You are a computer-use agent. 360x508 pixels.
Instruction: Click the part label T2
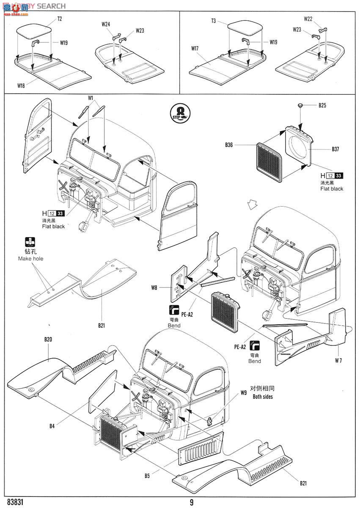click(60, 19)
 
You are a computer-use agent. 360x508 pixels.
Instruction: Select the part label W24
click(106, 25)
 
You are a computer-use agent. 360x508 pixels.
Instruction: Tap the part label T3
click(214, 21)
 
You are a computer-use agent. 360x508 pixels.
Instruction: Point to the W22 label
click(308, 19)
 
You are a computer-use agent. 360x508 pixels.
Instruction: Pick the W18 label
click(21, 86)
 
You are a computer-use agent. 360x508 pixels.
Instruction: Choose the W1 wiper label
click(91, 98)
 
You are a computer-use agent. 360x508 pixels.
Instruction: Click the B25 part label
click(323, 105)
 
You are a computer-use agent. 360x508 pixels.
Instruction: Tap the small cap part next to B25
click(300, 105)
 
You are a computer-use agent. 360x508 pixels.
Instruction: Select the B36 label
click(230, 145)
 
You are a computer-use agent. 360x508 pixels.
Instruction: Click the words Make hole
click(30, 259)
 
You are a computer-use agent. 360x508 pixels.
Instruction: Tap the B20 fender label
click(48, 340)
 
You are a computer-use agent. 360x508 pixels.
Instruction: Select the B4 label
click(52, 426)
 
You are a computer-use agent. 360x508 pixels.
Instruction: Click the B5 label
click(147, 476)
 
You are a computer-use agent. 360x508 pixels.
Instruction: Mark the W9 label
click(243, 392)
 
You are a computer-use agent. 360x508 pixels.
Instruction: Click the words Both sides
click(263, 397)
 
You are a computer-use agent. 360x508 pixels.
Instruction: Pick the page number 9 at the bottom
click(192, 502)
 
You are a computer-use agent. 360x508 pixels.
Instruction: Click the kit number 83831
click(14, 502)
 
